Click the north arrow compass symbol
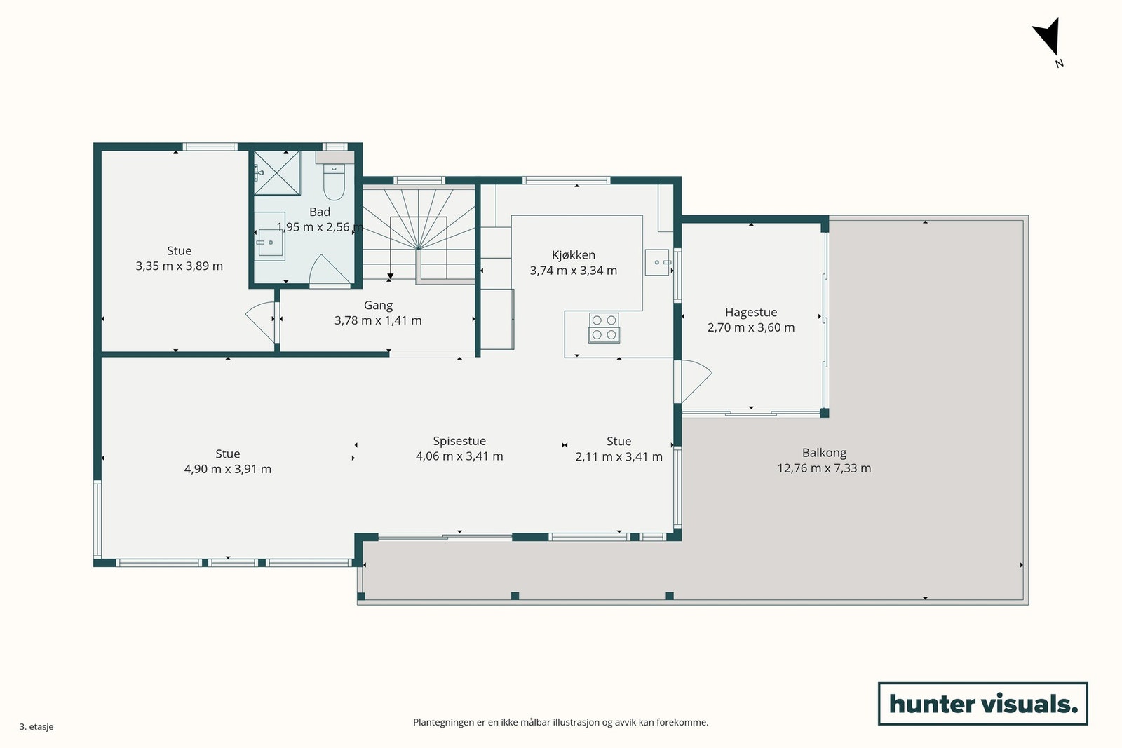click(x=1048, y=40)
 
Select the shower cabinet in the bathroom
click(x=276, y=172)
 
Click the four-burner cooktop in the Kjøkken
click(x=604, y=328)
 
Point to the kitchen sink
click(x=657, y=262)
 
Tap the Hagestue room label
click(x=751, y=312)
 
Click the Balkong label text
click(x=824, y=453)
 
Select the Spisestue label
click(x=459, y=441)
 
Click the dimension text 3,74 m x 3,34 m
click(x=574, y=271)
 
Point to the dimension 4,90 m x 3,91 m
click(x=228, y=469)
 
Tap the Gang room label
click(x=378, y=305)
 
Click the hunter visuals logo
click(x=982, y=703)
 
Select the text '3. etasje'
click(x=36, y=726)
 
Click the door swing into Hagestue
click(x=695, y=381)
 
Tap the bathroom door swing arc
click(x=329, y=271)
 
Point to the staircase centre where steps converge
click(x=418, y=248)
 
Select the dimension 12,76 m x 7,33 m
click(x=824, y=468)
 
